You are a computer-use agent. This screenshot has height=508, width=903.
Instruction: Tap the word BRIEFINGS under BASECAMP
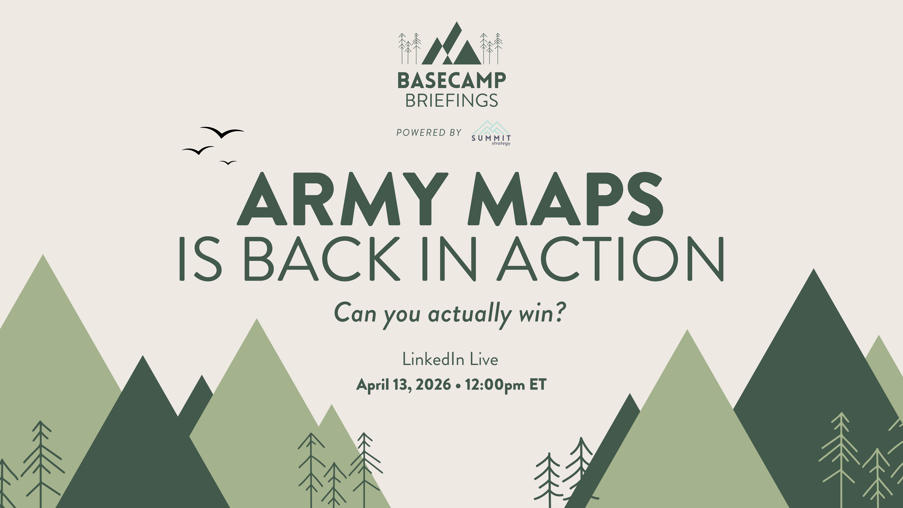(x=451, y=101)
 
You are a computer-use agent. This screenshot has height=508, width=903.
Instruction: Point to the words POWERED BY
(x=429, y=132)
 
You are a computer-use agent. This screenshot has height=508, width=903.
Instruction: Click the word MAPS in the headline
(x=565, y=199)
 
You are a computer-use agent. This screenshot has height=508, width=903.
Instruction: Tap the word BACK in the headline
(x=322, y=259)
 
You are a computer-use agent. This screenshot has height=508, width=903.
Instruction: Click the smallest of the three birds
(x=228, y=162)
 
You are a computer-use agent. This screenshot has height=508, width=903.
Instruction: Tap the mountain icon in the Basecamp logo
(x=451, y=46)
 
